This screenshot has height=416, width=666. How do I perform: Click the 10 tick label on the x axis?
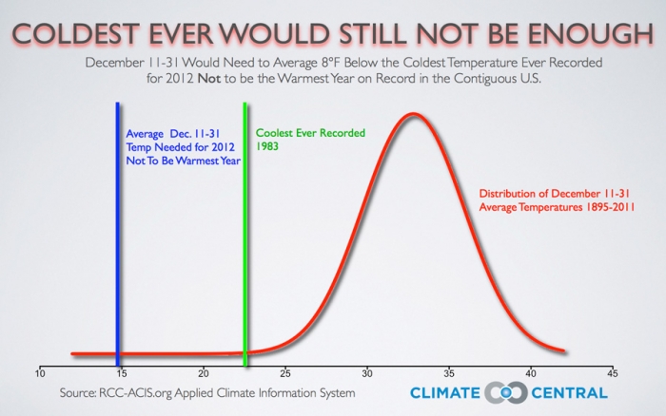tap(40, 372)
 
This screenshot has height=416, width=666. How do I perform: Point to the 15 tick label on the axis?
tap(121, 372)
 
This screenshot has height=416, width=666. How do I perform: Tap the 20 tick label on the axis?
tap(203, 372)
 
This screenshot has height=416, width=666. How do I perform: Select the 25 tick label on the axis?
tap(285, 372)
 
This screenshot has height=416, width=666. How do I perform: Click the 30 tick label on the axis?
tap(367, 372)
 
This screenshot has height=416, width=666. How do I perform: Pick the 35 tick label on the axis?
tap(449, 372)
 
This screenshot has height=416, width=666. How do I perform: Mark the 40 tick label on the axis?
tap(531, 372)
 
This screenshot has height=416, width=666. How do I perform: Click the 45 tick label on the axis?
tap(613, 372)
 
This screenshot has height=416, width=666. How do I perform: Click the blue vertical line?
tap(117, 237)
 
